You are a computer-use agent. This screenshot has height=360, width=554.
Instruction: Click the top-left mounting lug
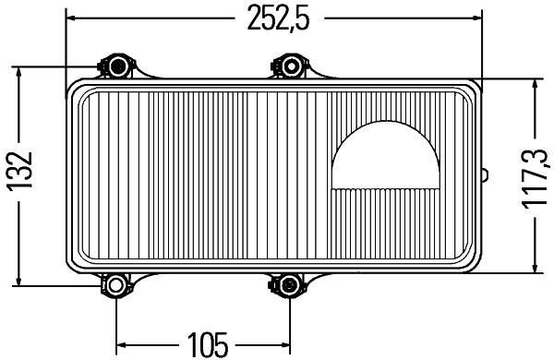click(116, 66)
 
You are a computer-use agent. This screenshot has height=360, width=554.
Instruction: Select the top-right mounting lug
click(289, 66)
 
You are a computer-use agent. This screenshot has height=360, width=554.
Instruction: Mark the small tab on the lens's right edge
click(483, 174)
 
